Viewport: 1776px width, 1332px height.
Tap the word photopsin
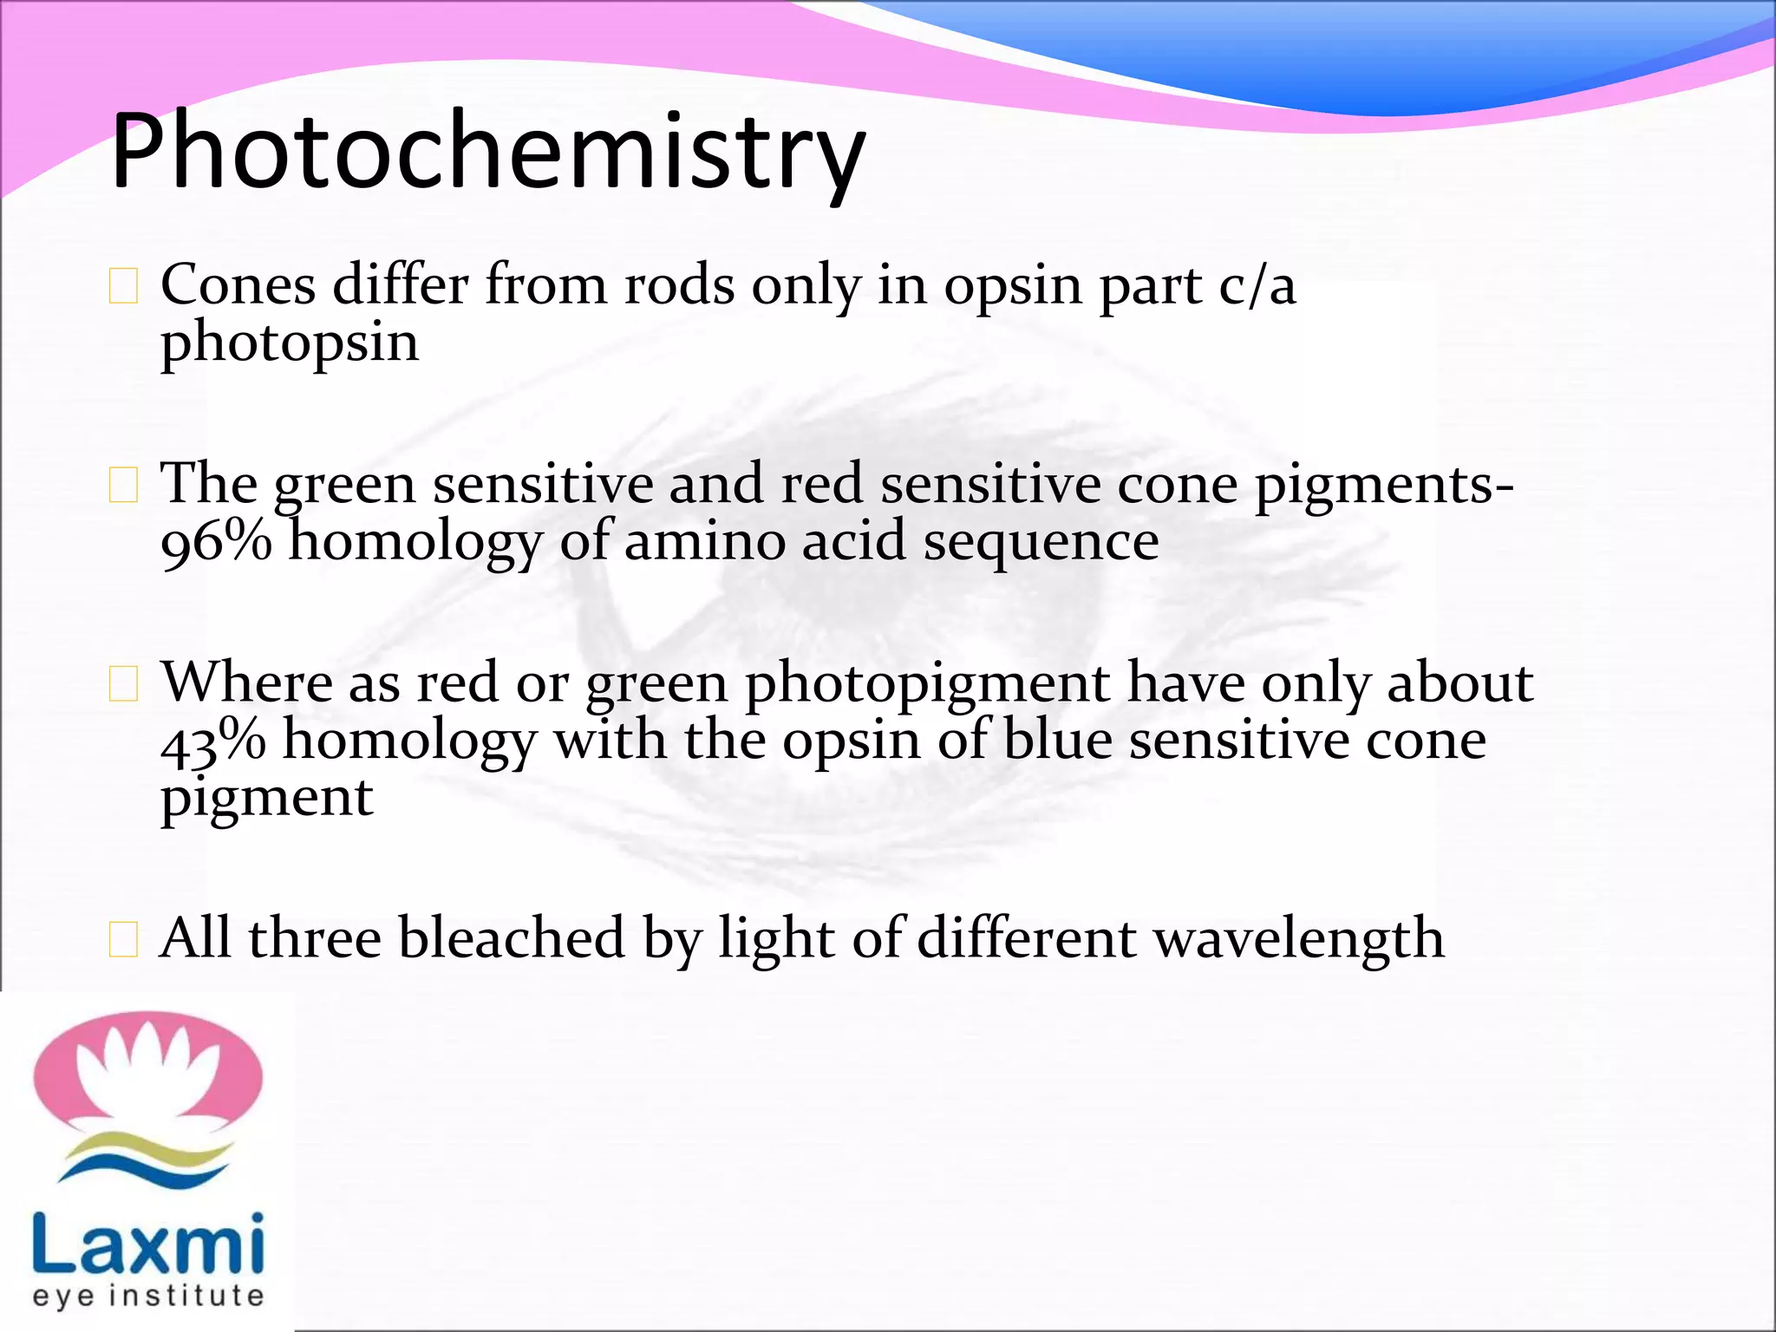click(290, 343)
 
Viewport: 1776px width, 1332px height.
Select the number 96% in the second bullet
click(216, 542)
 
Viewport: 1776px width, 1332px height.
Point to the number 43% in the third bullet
click(213, 741)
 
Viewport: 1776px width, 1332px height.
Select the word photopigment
click(927, 683)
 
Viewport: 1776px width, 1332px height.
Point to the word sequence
click(1041, 542)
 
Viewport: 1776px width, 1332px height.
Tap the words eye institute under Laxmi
click(147, 1296)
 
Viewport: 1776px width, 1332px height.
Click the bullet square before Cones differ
click(123, 287)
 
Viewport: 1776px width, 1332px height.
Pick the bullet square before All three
click(123, 940)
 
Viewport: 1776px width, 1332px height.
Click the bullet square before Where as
click(123, 685)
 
